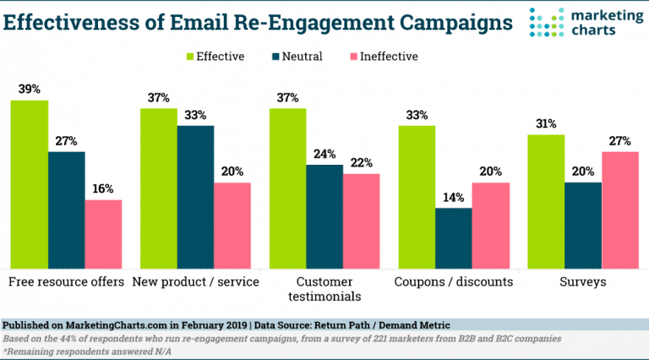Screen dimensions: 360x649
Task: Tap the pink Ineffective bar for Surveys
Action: point(619,209)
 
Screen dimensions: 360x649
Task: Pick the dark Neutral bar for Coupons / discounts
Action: point(453,237)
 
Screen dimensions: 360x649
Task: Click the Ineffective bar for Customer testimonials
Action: point(361,221)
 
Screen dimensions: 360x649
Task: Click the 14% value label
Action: point(453,197)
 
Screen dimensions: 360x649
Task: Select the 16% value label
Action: point(103,189)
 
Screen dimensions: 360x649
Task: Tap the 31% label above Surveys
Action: point(546,123)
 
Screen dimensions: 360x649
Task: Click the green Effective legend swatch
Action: point(192,57)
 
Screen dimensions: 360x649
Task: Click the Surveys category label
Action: point(582,281)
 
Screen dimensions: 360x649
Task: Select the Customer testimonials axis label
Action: point(324,289)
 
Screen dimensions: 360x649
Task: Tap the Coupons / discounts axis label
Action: point(453,281)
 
